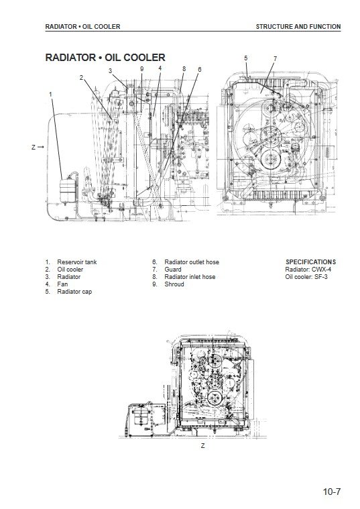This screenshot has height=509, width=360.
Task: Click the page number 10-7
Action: tap(332, 492)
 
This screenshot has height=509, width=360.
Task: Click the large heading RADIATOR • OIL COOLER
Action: tap(105, 58)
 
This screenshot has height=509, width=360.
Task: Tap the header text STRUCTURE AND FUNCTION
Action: tap(298, 27)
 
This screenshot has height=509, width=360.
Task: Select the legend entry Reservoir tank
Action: tap(77, 262)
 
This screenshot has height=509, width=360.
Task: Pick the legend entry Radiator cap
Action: tap(74, 292)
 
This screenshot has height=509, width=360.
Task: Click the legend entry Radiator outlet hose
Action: tap(192, 262)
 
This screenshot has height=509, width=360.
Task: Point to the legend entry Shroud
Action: tap(174, 284)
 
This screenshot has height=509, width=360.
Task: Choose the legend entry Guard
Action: tap(173, 270)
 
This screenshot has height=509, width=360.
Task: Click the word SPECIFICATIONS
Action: tap(310, 262)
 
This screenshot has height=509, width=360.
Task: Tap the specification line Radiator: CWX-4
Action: tap(308, 270)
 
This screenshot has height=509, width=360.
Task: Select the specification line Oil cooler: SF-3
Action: tap(306, 277)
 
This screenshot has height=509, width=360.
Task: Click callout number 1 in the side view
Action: tap(50, 94)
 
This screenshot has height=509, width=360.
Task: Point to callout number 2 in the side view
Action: tap(81, 78)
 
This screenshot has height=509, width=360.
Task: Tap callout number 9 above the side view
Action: tap(142, 69)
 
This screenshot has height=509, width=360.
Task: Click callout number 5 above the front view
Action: tap(246, 58)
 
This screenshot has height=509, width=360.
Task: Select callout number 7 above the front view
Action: tap(275, 59)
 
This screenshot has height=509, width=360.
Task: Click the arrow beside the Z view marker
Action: tap(41, 148)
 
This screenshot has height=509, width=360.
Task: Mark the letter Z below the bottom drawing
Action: tap(203, 445)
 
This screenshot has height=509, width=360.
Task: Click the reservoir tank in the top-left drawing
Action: tap(68, 190)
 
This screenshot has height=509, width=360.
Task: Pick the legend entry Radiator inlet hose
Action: tap(190, 277)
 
